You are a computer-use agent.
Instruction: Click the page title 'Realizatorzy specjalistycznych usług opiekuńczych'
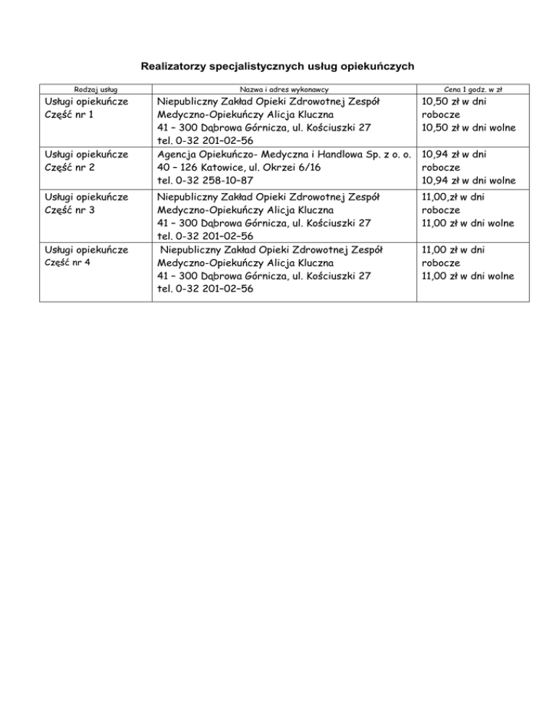278,67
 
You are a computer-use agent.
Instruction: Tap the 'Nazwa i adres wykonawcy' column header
284,89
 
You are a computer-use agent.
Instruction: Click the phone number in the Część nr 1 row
205,140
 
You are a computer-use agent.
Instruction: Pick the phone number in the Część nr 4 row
205,288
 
